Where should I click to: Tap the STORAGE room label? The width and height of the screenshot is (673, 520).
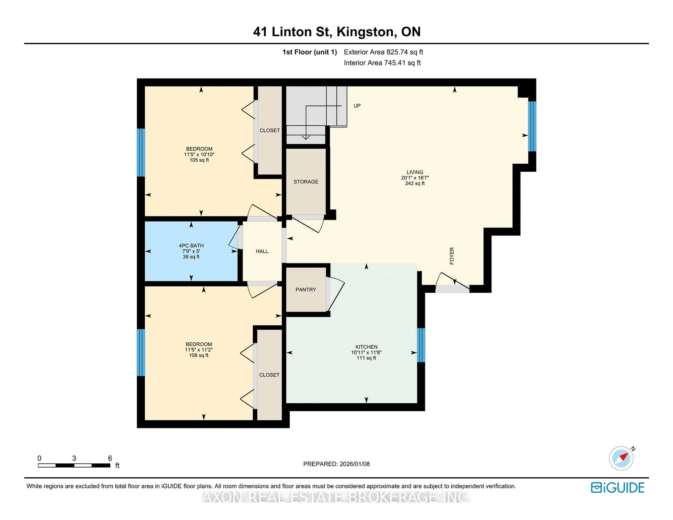(306, 182)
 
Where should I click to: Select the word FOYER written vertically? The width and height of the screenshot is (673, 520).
(452, 256)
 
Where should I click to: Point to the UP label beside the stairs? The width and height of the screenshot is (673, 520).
(357, 106)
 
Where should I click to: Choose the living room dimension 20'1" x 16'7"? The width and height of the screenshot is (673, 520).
(415, 178)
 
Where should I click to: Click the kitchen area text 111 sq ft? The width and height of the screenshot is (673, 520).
(366, 358)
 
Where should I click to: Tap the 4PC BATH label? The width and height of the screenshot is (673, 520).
(191, 245)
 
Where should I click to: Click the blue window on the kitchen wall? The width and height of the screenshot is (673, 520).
(421, 345)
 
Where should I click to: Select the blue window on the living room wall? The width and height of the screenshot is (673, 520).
(532, 126)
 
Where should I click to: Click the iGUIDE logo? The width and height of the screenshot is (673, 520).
(617, 488)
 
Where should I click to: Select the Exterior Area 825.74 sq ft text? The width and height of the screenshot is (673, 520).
(383, 52)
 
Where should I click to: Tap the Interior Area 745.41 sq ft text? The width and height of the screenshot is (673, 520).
(382, 63)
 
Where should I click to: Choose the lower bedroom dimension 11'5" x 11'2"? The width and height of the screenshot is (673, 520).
(199, 350)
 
